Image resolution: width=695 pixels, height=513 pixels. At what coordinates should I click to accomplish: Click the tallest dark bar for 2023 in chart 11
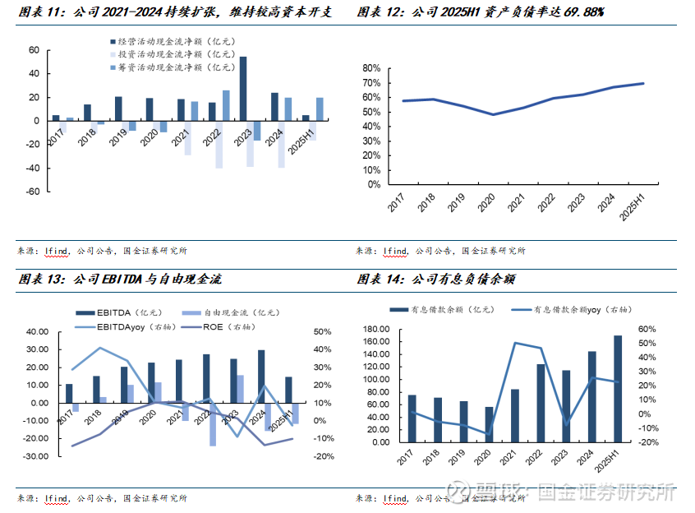pyautogui.click(x=242, y=88)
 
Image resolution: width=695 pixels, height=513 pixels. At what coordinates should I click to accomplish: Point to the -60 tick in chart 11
pyautogui.click(x=33, y=192)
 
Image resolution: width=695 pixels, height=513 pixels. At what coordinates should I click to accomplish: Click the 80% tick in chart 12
pyautogui.click(x=371, y=68)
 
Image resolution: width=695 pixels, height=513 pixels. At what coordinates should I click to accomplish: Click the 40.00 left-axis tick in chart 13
pyautogui.click(x=37, y=332)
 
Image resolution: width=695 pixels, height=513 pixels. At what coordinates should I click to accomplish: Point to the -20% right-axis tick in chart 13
pyautogui.click(x=322, y=456)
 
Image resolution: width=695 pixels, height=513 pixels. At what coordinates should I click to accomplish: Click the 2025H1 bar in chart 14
pyautogui.click(x=618, y=388)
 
